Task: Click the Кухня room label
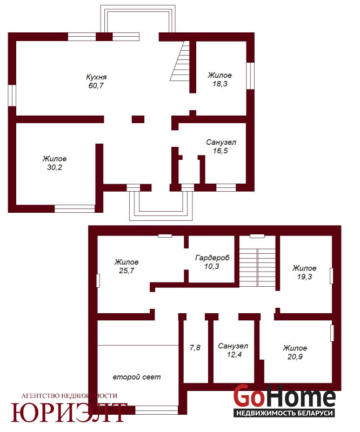(96, 77)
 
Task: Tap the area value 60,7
(96, 85)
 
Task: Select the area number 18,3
(220, 84)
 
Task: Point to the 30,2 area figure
(55, 167)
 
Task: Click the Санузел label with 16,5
(221, 143)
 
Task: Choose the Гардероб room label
(212, 258)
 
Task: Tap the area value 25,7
(126, 271)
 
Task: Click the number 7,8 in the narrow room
(195, 348)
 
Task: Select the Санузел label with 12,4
(233, 346)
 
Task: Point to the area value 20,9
(295, 356)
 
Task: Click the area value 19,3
(304, 276)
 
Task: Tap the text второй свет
(137, 377)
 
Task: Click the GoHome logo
(284, 400)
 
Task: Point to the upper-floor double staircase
(257, 267)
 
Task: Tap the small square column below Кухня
(138, 119)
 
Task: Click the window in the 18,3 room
(250, 76)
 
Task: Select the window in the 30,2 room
(75, 208)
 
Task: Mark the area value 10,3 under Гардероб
(212, 266)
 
